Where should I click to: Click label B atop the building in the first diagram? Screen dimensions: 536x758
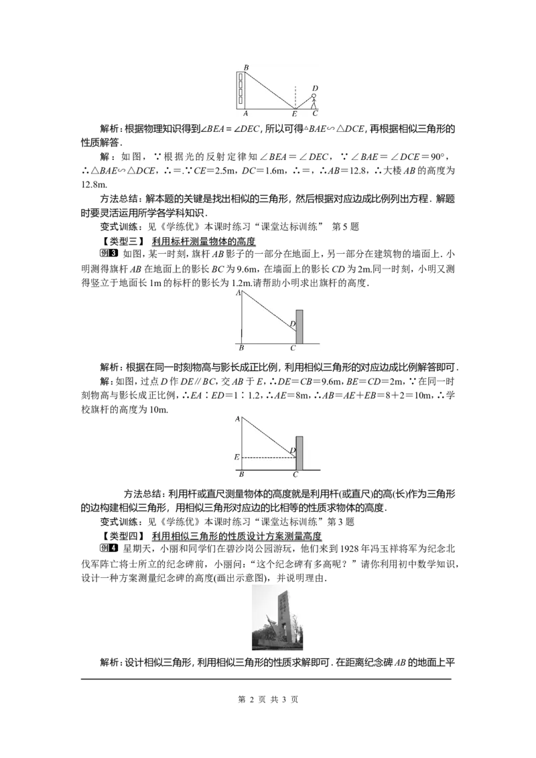pyautogui.click(x=246, y=68)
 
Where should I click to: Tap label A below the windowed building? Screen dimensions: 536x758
pyautogui.click(x=246, y=114)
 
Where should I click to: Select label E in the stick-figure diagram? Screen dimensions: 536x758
pyautogui.click(x=294, y=115)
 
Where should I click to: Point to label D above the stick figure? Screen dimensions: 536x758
pyautogui.click(x=314, y=88)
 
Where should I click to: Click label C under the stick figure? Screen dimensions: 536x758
pyautogui.click(x=315, y=114)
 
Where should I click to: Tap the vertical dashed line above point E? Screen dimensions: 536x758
pyautogui.click(x=295, y=96)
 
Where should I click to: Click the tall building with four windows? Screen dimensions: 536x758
pyautogui.click(x=241, y=89)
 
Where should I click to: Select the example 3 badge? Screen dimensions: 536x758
pyautogui.click(x=110, y=254)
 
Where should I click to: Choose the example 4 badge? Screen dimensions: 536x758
pyautogui.click(x=110, y=548)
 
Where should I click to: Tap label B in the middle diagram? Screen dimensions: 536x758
pyautogui.click(x=241, y=349)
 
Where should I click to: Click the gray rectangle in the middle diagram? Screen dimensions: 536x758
pyautogui.click(x=299, y=327)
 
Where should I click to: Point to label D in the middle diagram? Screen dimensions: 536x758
pyautogui.click(x=292, y=325)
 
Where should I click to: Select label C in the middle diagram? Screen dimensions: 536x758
pyautogui.click(x=293, y=349)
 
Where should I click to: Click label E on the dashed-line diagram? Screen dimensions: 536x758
pyautogui.click(x=236, y=457)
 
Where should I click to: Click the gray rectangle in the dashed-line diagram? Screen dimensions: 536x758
pyautogui.click(x=299, y=453)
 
